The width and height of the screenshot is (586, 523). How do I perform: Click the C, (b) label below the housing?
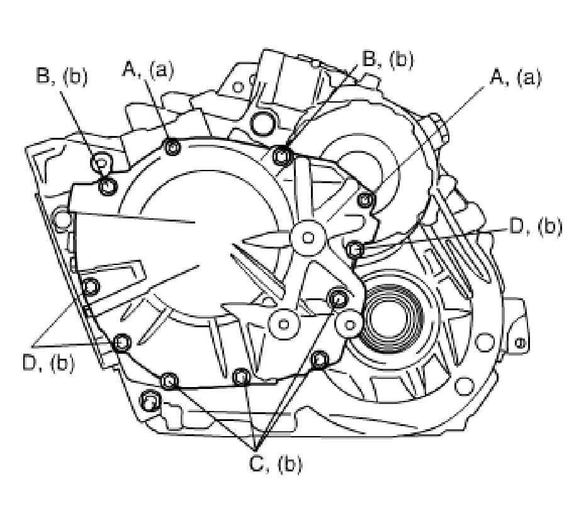276,463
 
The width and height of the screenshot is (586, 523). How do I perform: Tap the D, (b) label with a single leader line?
535,227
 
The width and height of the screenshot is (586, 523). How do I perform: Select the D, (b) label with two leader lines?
47,363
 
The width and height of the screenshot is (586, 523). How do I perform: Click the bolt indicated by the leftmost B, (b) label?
108,186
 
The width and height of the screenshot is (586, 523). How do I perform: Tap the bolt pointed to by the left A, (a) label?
172,148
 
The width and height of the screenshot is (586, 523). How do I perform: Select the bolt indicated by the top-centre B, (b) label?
283,154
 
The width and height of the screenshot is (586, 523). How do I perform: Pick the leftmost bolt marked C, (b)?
169,381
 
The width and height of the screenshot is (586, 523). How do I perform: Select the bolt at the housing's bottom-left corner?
149,401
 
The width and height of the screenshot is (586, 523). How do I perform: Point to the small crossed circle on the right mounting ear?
520,344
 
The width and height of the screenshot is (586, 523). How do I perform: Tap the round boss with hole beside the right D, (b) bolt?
308,237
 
